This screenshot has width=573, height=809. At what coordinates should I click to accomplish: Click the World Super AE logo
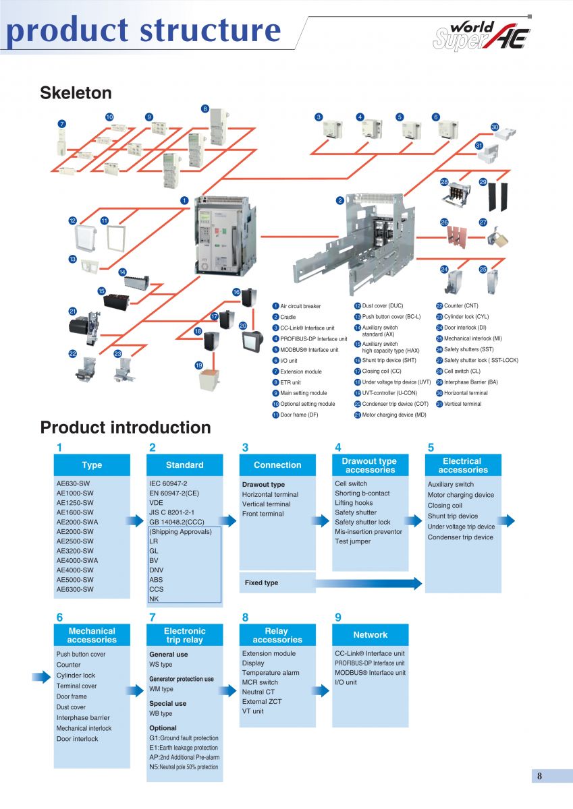(x=481, y=36)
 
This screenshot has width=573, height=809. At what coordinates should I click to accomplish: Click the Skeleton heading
(x=76, y=93)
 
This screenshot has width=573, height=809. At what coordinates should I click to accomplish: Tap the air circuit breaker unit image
(x=225, y=235)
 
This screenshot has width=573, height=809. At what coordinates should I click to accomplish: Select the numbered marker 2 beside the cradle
(x=340, y=200)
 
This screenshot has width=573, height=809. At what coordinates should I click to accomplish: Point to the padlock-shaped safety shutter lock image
(x=497, y=237)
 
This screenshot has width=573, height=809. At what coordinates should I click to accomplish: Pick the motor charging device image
(x=84, y=326)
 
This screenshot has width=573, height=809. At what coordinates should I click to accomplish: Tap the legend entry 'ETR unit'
(x=290, y=382)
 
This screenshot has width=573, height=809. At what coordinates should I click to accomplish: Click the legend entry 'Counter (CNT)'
(x=461, y=305)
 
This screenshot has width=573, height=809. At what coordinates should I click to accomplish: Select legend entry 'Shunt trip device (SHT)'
(x=389, y=360)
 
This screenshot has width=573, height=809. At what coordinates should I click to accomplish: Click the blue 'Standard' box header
(x=185, y=465)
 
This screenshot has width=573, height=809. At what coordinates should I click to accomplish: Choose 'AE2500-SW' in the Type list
(x=75, y=541)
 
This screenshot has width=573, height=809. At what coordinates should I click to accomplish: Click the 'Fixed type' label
(x=261, y=582)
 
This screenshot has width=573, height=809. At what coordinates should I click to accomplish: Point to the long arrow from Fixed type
(x=368, y=583)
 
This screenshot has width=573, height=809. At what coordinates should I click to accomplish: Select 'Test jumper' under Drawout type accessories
(x=352, y=541)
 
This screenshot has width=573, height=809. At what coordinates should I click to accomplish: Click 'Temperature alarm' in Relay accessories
(x=271, y=673)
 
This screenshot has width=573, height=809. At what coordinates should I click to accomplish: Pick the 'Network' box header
(x=371, y=634)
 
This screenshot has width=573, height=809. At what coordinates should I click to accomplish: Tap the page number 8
(x=539, y=776)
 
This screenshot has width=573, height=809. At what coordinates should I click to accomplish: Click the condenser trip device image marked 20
(x=250, y=340)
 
